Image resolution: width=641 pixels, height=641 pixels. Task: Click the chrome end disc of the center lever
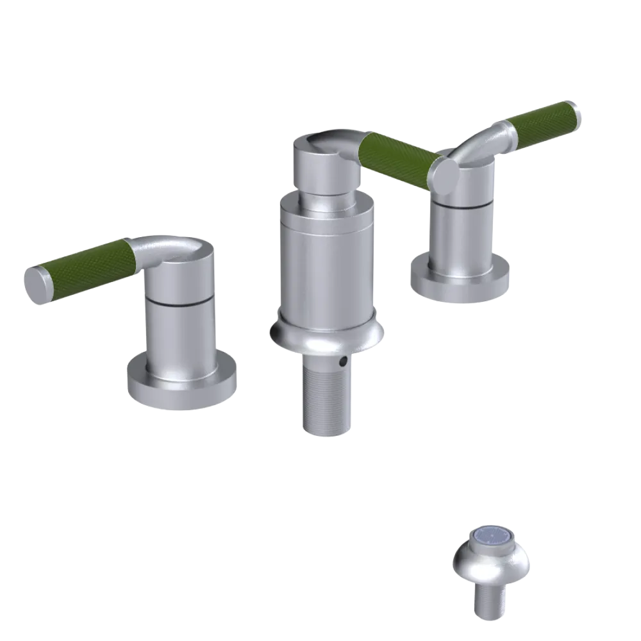coord(444,174)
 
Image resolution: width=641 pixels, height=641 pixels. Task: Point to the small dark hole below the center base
coord(344,362)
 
